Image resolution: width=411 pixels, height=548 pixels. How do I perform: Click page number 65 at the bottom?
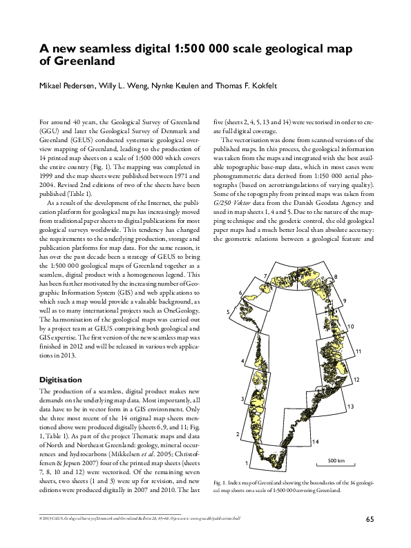(370, 519)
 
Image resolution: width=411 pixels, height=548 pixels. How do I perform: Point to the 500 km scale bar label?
(336, 460)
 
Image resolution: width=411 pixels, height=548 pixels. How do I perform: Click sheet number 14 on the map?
(315, 441)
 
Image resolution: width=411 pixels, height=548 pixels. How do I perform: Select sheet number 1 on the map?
(247, 462)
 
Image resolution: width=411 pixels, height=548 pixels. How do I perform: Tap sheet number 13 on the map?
(352, 405)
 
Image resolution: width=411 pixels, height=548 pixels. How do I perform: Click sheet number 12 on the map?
(356, 380)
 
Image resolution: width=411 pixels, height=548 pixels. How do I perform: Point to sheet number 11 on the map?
(359, 352)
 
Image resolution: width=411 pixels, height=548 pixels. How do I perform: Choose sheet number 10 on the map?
(351, 326)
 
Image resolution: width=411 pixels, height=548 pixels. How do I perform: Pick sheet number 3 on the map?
(242, 400)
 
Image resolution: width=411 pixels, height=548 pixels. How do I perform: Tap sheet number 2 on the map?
(237, 434)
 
